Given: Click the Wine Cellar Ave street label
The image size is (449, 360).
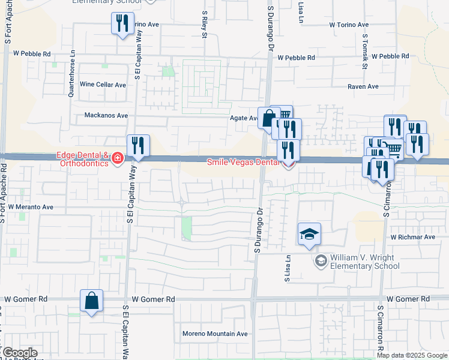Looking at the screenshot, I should point(103,85).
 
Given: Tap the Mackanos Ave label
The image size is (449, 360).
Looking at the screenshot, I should point(106,115).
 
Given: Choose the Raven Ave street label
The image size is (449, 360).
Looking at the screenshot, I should point(363,86).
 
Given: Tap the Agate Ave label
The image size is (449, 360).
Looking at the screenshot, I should point(244,118).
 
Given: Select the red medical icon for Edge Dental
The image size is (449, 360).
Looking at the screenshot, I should point(118,159).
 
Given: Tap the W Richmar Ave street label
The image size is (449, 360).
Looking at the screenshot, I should point(412,237).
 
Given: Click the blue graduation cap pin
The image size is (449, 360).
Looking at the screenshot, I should point(309,234).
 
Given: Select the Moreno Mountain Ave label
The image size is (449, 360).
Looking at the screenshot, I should point(215,334).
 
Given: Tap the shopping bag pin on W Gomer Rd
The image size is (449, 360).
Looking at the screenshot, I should point(91,301).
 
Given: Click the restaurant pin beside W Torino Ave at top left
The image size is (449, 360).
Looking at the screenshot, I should point(122,24).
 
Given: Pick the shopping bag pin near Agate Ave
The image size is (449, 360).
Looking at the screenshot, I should point(268,117).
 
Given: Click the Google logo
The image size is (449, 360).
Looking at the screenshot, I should point(19,353).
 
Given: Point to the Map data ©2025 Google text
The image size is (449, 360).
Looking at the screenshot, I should point(412,355).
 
